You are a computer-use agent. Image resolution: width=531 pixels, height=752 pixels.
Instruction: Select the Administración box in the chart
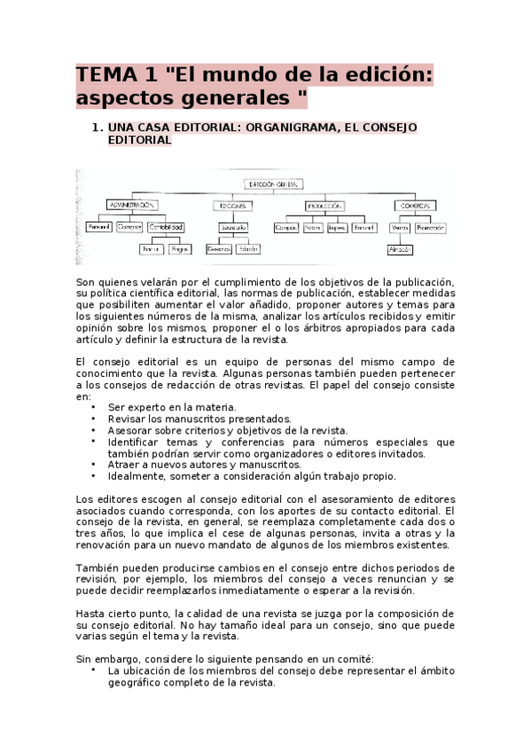131,205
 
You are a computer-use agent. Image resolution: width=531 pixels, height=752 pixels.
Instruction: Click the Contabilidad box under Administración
167,227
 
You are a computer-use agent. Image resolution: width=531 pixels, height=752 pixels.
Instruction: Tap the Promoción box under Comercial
430,227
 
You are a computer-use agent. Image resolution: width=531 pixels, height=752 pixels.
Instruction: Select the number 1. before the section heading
98,128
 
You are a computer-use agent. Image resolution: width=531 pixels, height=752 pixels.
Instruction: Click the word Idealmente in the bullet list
136,476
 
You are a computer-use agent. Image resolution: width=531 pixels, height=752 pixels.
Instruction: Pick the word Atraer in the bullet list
123,465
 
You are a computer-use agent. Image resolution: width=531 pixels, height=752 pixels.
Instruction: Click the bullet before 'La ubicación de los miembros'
94,671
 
